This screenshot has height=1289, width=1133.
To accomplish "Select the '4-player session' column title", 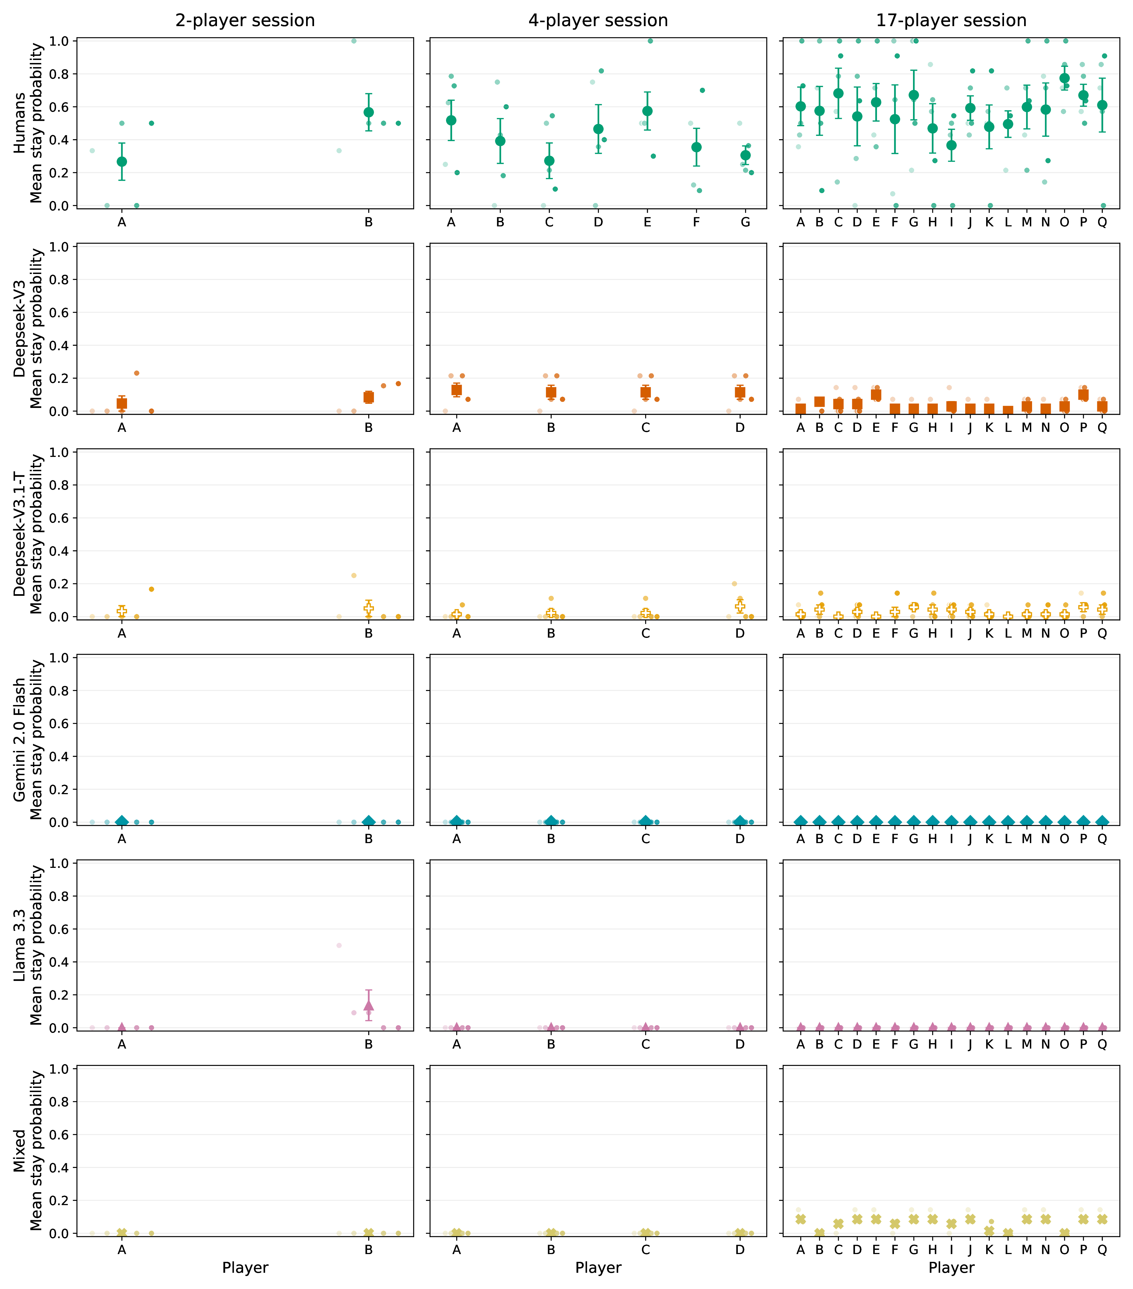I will click(x=598, y=21).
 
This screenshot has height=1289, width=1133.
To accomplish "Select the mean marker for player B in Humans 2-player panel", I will click(x=369, y=112).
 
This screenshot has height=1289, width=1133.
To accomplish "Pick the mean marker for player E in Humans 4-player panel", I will click(x=647, y=111).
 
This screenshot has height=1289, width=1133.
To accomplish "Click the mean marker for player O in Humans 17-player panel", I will click(x=1064, y=78).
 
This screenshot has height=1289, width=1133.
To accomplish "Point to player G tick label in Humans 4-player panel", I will click(x=745, y=222).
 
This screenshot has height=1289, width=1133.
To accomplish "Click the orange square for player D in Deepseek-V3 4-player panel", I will click(x=739, y=392).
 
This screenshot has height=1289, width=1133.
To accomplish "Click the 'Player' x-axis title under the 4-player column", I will click(x=598, y=1268).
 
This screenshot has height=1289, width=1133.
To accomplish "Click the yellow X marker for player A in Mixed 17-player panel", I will click(x=801, y=1219).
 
